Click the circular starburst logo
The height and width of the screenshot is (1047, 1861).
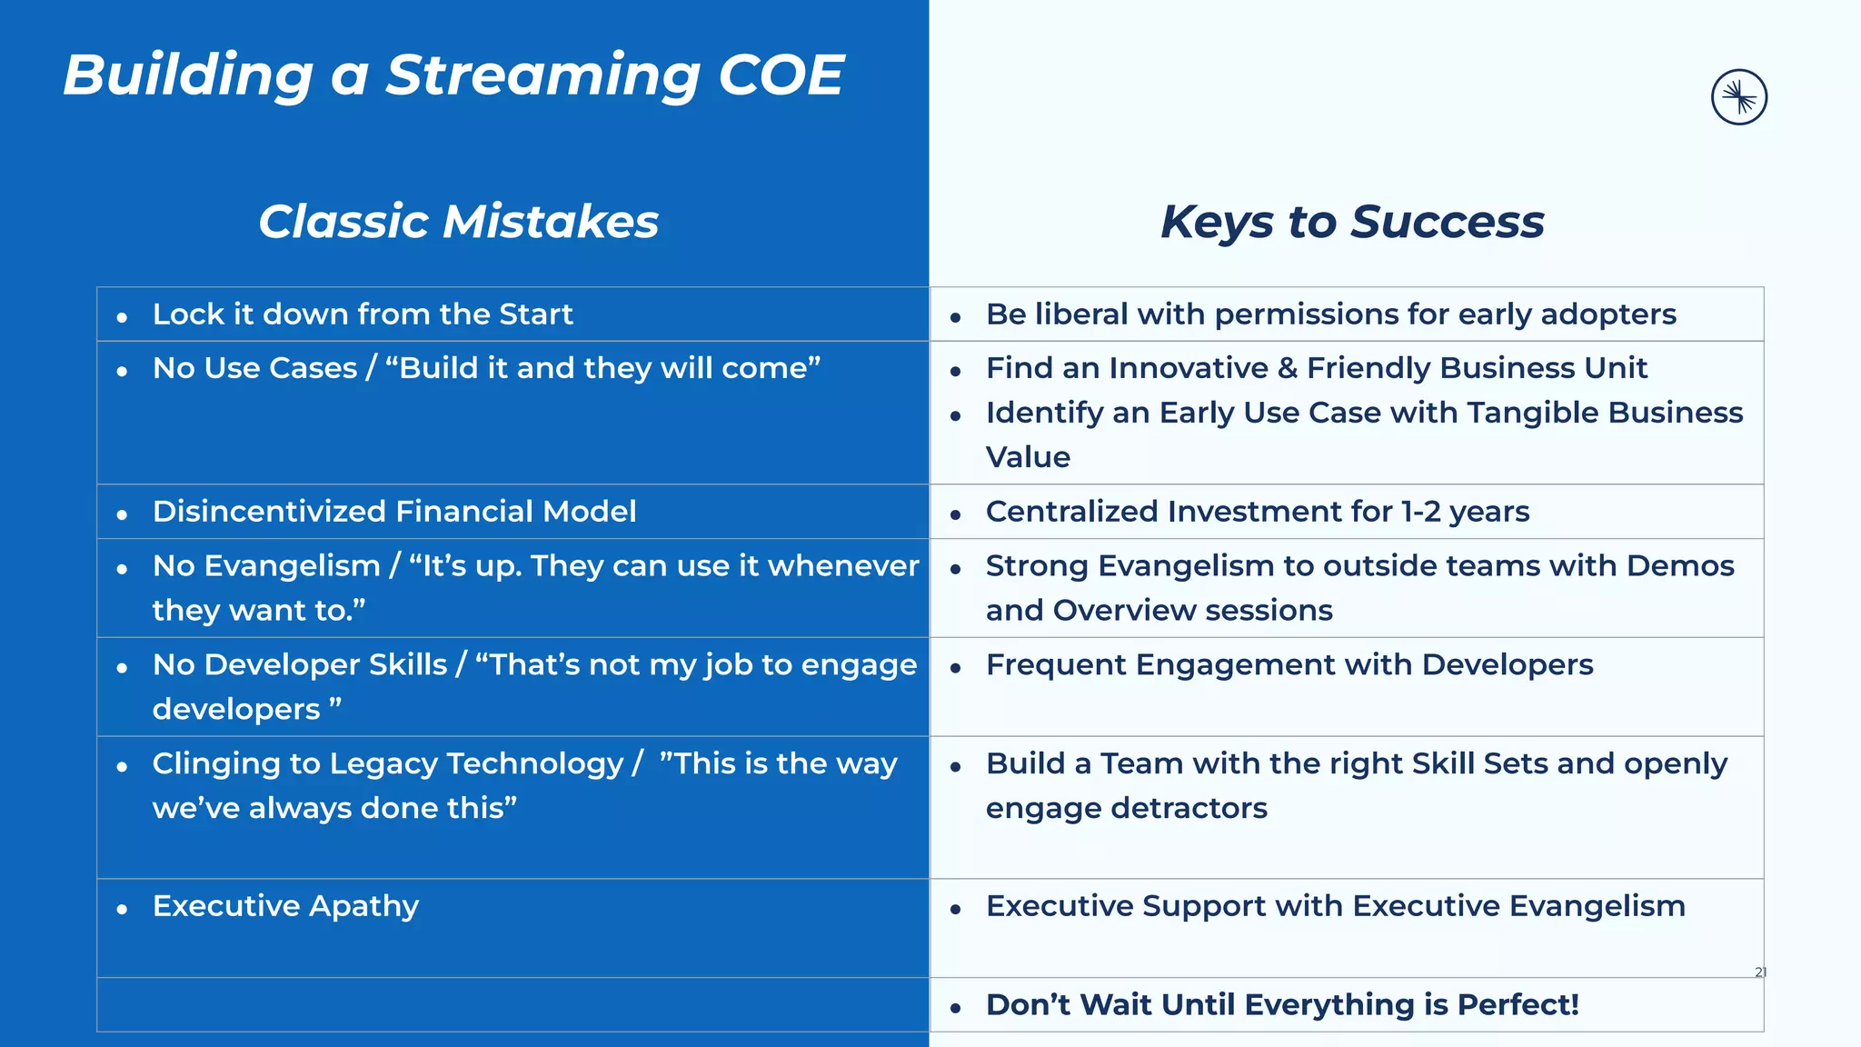pyautogui.click(x=1738, y=97)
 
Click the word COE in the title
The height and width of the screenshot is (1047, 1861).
pyautogui.click(x=781, y=75)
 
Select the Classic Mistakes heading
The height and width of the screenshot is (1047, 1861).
pyautogui.click(x=458, y=222)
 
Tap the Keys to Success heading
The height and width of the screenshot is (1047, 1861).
pyautogui.click(x=1352, y=222)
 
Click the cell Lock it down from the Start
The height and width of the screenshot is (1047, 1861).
pyautogui.click(x=363, y=314)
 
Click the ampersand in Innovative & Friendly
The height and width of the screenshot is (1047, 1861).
pyautogui.click(x=1287, y=368)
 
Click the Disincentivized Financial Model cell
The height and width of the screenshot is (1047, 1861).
pyautogui.click(x=393, y=512)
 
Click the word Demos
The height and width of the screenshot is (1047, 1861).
pyautogui.click(x=1680, y=566)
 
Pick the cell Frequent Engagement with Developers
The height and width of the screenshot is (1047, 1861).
pyautogui.click(x=1289, y=665)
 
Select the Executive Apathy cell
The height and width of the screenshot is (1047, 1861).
pyautogui.click(x=285, y=906)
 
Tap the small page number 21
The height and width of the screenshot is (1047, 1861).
pyautogui.click(x=1760, y=972)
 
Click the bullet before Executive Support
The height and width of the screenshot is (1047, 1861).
pyautogui.click(x=955, y=909)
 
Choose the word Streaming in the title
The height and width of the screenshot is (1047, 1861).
pyautogui.click(x=542, y=75)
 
